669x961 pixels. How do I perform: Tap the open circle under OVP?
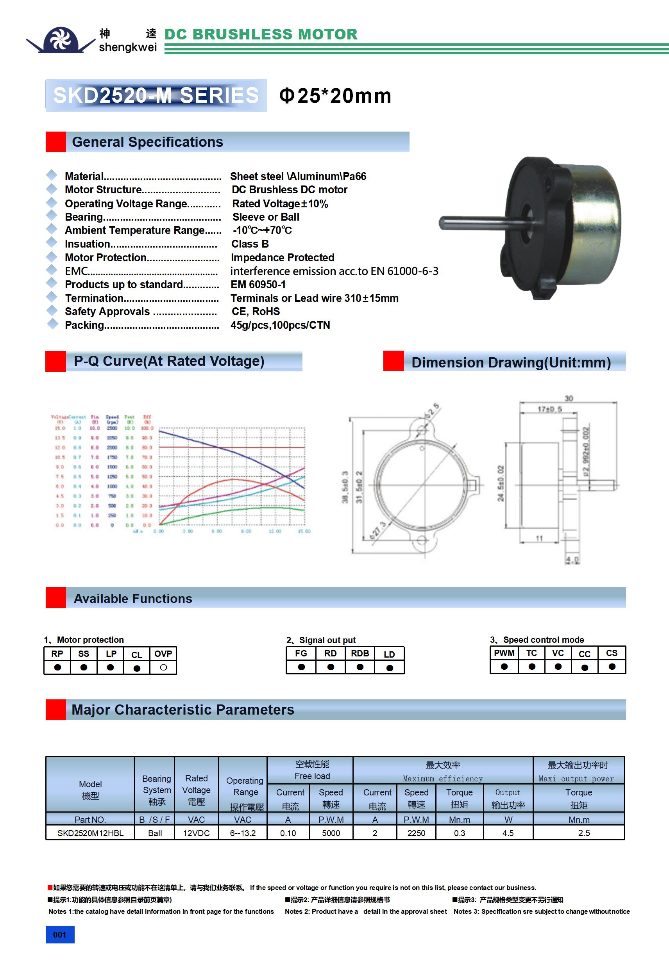[163, 668]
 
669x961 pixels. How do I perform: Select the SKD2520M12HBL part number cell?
[91, 833]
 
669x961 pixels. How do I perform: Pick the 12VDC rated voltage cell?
[197, 833]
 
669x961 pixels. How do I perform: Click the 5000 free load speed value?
[331, 833]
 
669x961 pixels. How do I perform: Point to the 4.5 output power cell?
[508, 833]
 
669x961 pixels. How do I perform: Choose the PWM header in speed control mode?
[504, 653]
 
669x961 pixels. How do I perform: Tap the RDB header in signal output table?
[360, 654]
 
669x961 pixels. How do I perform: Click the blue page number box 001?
[60, 934]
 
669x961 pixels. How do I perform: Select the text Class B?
[250, 244]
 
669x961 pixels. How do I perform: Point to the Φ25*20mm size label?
[335, 96]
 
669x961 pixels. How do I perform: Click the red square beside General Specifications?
[56, 142]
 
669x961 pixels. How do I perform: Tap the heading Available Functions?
[133, 599]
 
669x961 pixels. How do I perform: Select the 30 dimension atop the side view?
[569, 398]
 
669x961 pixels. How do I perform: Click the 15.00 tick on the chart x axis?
[304, 531]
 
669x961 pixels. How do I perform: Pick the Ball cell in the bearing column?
[155, 833]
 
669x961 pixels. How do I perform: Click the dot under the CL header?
[136, 669]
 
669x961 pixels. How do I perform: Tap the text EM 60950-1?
[258, 285]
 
